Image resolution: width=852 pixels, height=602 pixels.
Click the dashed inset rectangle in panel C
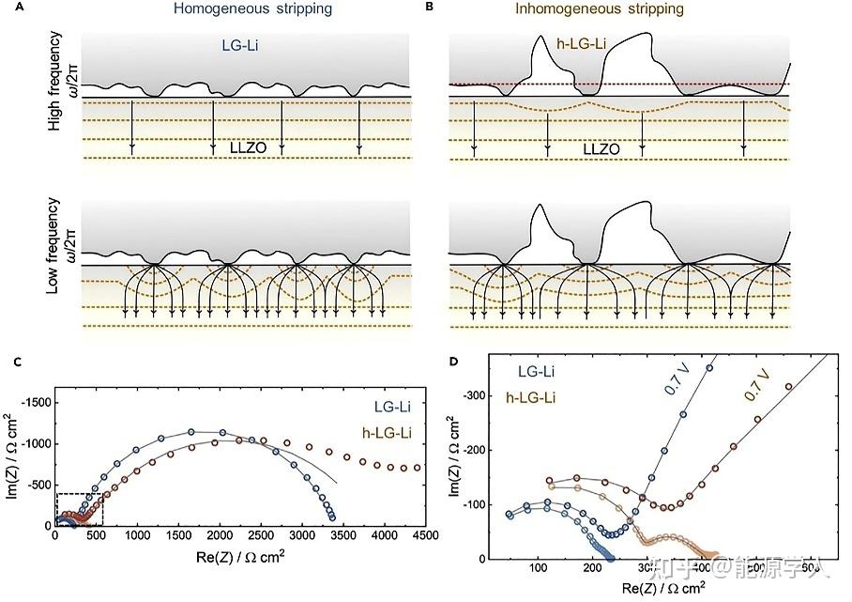pos(79,508)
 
